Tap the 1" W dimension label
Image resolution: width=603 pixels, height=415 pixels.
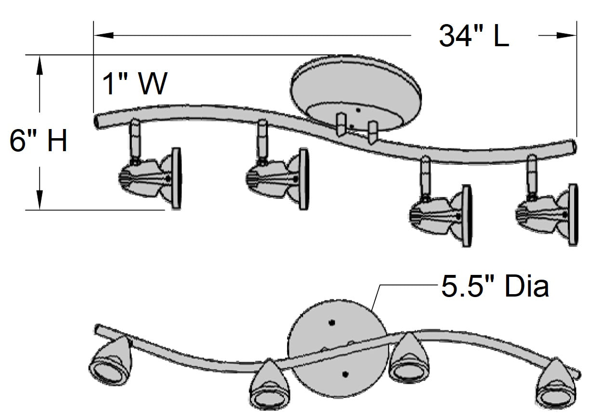(x=134, y=84)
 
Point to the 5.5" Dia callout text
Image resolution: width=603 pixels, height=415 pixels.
(x=495, y=287)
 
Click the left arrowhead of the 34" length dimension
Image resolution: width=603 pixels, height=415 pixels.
(x=104, y=35)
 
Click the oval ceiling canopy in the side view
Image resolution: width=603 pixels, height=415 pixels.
(x=356, y=91)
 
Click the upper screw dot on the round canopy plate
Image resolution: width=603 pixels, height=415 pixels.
(x=331, y=322)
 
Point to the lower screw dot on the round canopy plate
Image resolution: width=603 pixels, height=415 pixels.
(x=344, y=374)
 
